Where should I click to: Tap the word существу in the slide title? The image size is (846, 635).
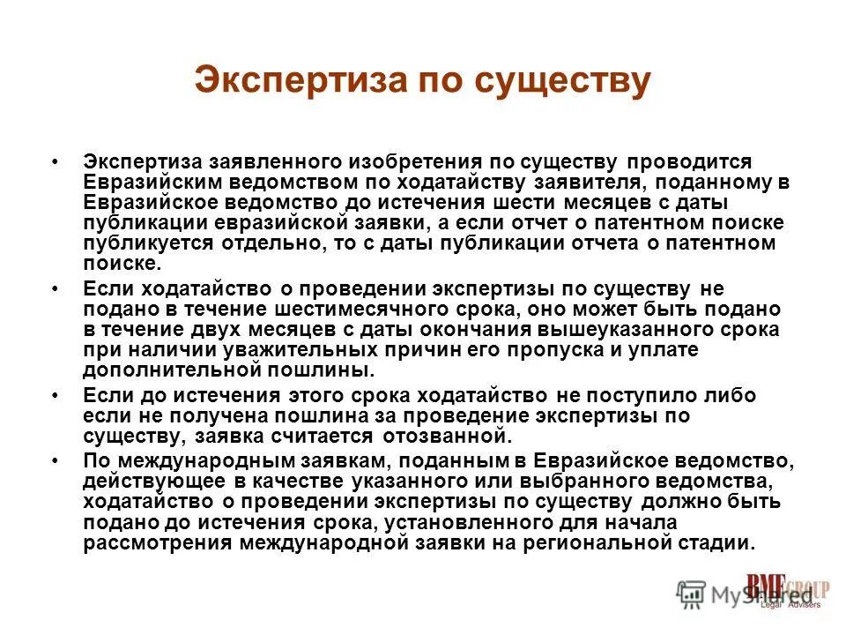[563, 80]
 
